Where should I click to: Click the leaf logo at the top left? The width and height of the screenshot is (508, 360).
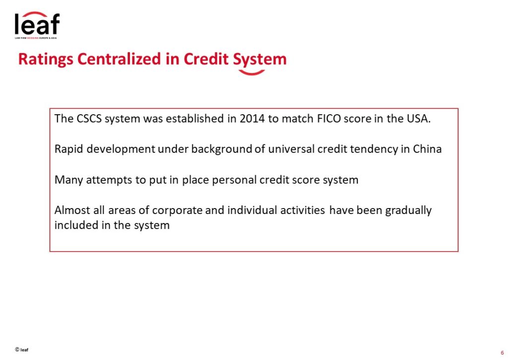tap(37, 25)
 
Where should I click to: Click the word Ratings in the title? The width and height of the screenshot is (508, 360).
tap(46, 60)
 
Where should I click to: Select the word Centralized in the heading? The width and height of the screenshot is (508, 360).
tap(119, 59)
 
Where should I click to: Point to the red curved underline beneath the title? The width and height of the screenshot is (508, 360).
tap(252, 73)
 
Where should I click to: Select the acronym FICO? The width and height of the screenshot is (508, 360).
tap(329, 119)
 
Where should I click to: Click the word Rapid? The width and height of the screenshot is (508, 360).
tap(68, 149)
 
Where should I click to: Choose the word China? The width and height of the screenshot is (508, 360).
tap(427, 149)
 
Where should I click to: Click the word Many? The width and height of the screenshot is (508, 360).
tap(68, 180)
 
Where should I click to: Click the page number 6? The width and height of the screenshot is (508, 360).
tap(502, 353)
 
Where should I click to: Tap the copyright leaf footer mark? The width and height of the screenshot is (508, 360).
tap(22, 350)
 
